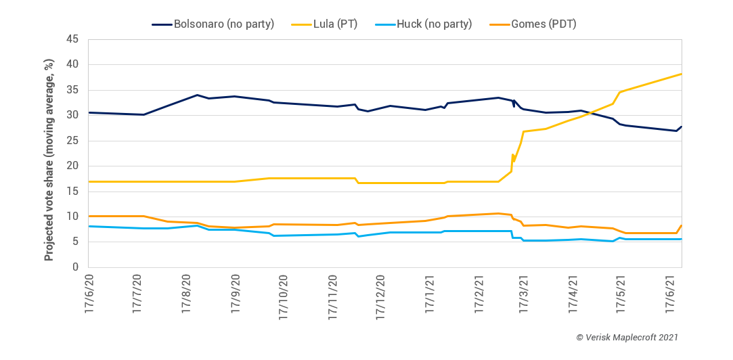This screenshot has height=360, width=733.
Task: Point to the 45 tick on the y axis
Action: [x=74, y=39]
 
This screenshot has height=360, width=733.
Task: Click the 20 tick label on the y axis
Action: [x=74, y=166]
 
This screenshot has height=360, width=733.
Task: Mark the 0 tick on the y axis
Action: [x=76, y=267]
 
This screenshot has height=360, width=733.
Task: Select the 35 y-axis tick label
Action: [x=74, y=90]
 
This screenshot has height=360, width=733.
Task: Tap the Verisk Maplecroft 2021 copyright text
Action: [x=626, y=336]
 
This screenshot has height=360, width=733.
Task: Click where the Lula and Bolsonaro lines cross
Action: [x=589, y=113]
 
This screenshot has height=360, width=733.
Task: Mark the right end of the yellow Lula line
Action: [x=681, y=74]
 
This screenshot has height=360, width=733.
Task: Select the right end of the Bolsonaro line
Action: [x=681, y=127]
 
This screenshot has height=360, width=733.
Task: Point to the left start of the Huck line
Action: [x=89, y=226]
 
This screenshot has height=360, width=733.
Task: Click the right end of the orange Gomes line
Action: [x=681, y=225]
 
